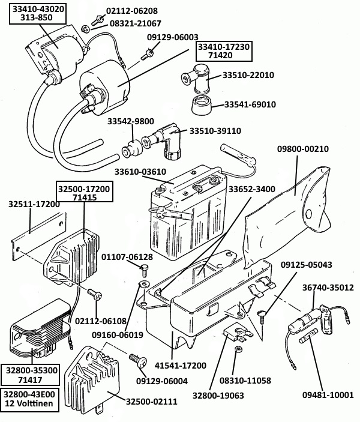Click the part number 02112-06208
(132, 11)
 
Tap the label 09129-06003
(172, 37)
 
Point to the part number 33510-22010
(248, 76)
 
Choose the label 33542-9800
(131, 121)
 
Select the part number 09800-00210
(302, 149)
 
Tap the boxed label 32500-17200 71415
(83, 192)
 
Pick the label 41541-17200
(181, 365)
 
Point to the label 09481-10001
(328, 394)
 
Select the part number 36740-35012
(327, 288)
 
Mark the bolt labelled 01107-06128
(145, 268)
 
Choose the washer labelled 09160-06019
(144, 284)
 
